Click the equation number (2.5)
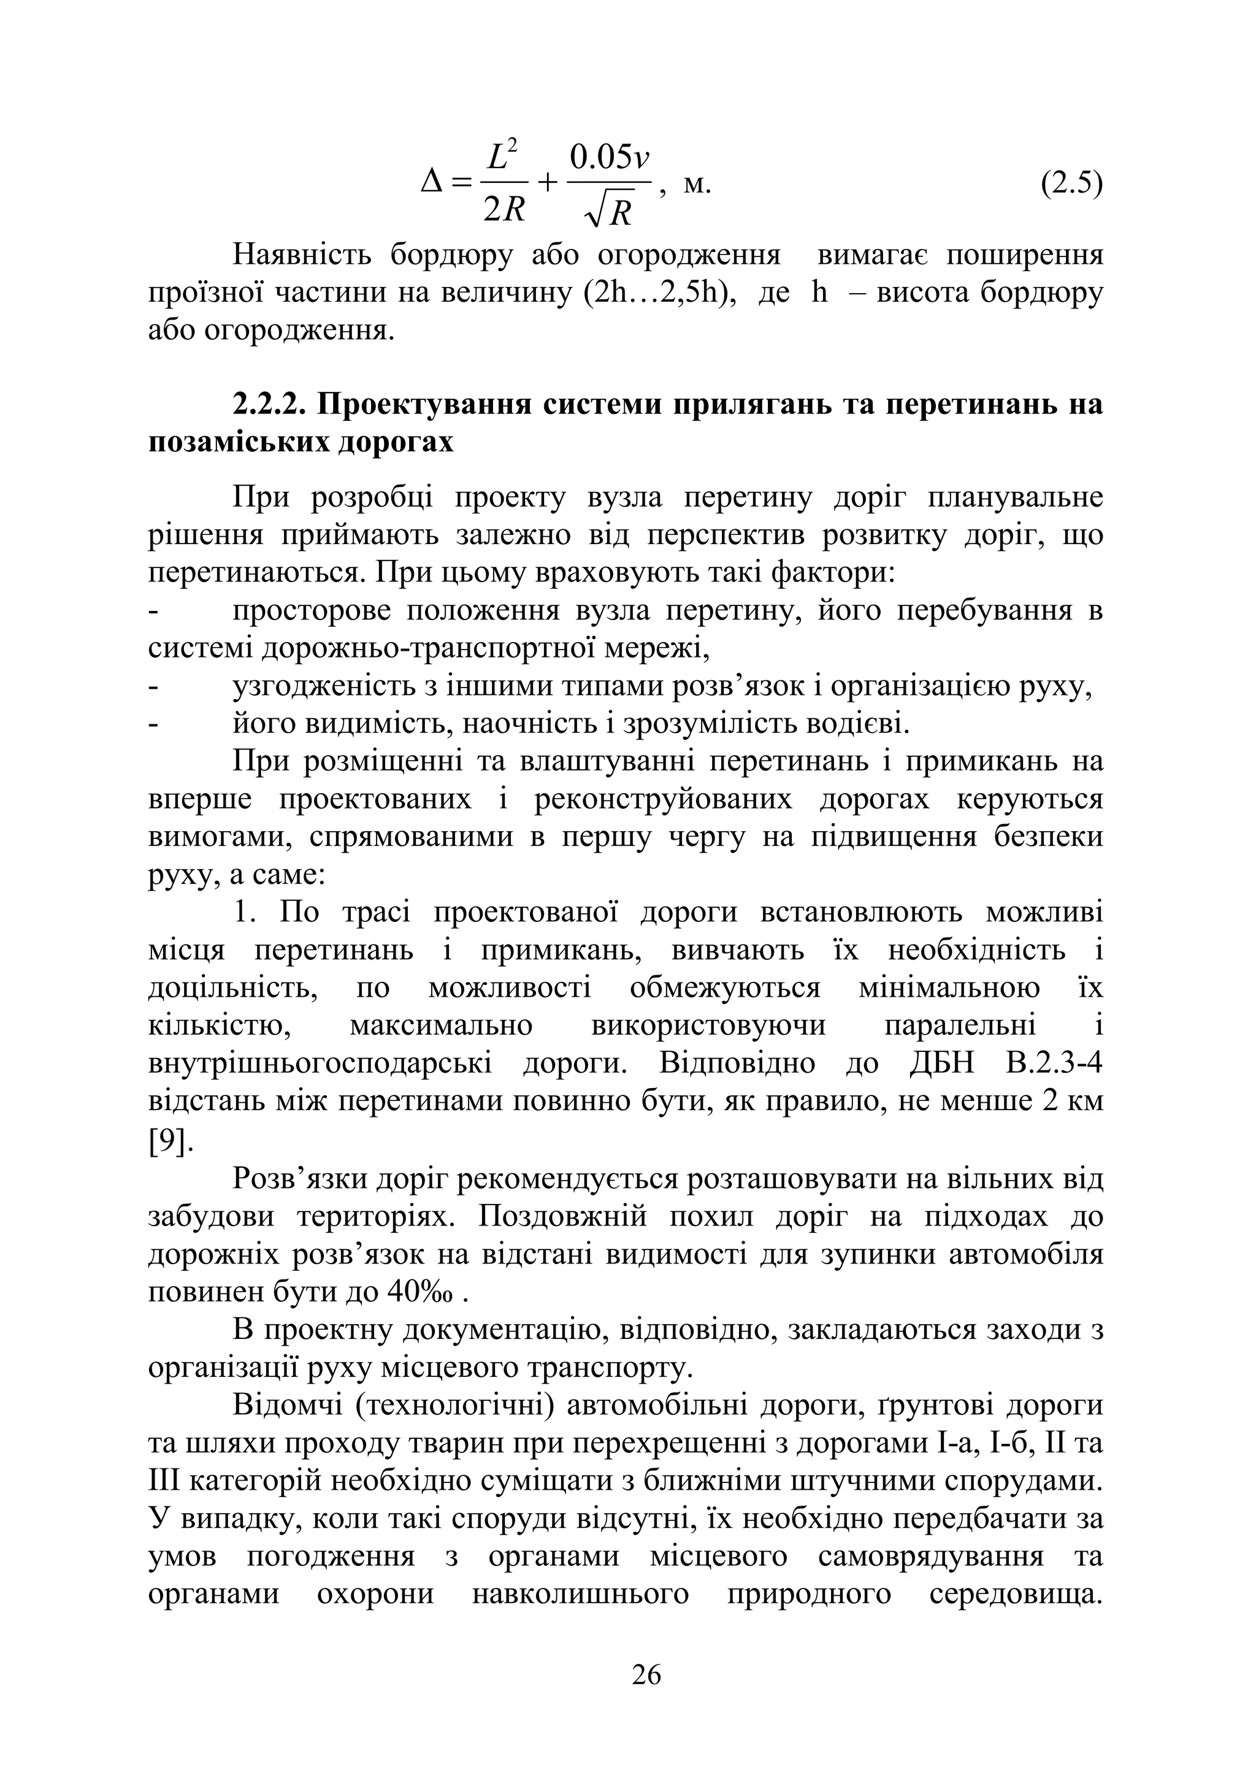click(1071, 185)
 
